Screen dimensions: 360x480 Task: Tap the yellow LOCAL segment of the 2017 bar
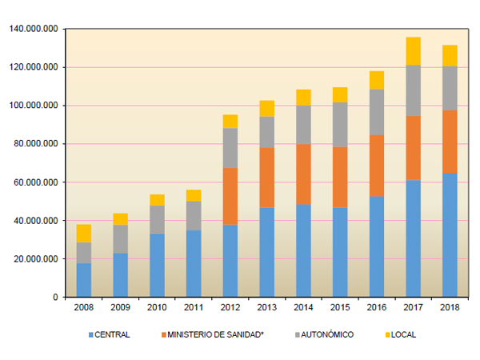point(413,50)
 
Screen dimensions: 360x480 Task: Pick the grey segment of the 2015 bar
point(340,124)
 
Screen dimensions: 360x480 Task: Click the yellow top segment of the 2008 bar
point(83,233)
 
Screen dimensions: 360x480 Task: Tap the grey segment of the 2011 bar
point(193,215)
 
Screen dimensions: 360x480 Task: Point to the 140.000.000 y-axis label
point(34,29)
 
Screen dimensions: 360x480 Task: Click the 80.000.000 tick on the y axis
point(36,144)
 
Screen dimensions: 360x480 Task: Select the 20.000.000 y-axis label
point(36,259)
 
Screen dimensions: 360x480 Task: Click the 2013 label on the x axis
point(266,307)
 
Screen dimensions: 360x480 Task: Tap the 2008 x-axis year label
point(83,307)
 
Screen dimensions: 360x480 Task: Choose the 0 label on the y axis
point(54,298)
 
